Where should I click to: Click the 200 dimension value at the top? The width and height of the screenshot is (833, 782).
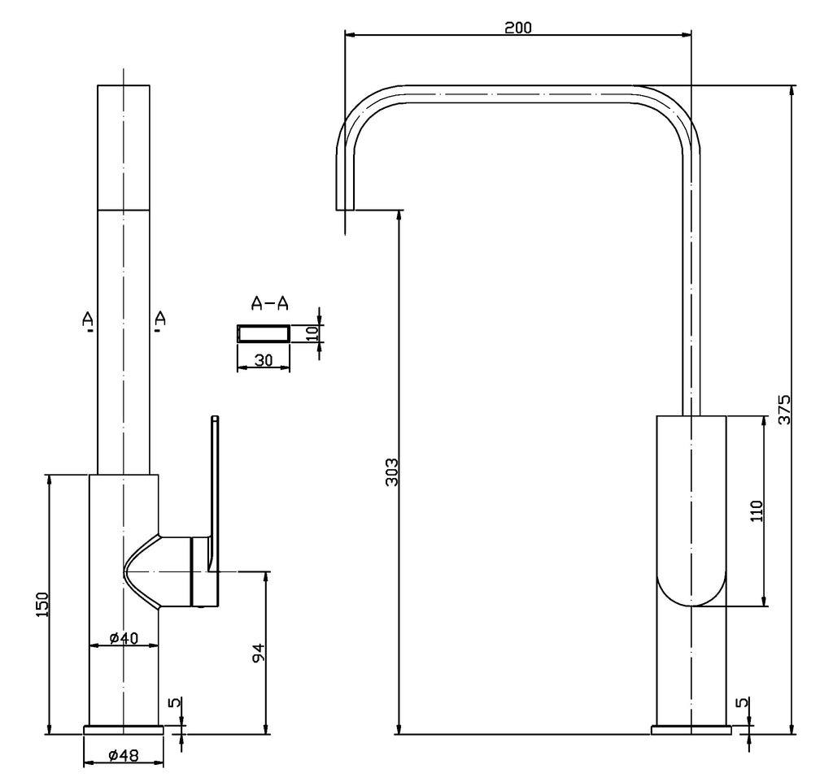click(517, 27)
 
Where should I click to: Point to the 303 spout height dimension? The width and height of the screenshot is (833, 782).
click(391, 471)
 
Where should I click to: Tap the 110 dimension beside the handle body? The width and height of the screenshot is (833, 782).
click(756, 511)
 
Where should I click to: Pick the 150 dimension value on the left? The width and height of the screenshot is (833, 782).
click(42, 603)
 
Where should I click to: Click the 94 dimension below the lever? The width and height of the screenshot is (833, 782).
click(258, 652)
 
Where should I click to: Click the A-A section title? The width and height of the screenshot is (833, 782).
click(269, 304)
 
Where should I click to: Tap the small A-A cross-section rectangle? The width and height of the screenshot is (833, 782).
click(263, 333)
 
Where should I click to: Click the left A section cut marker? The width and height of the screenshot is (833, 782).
click(88, 323)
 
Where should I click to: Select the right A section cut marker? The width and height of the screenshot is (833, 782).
click(159, 321)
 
